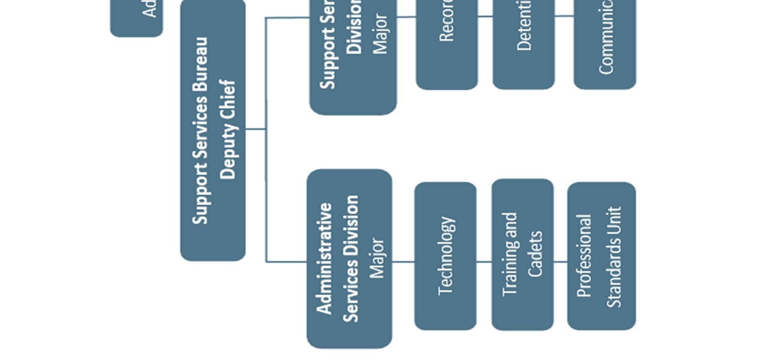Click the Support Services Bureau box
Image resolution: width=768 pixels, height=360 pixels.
pyautogui.click(x=213, y=130)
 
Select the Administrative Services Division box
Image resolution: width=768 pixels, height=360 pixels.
pyautogui.click(x=349, y=259)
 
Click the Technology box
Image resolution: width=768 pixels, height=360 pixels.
pyautogui.click(x=445, y=256)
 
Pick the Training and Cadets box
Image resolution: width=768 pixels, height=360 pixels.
pyautogui.click(x=523, y=255)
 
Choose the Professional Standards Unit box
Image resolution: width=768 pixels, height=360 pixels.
pyautogui.click(x=601, y=256)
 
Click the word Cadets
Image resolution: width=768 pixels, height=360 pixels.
pyautogui.click(x=535, y=254)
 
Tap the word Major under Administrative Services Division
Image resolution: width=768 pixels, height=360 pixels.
pyautogui.click(x=377, y=258)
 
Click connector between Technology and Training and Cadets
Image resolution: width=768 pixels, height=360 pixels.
pyautogui.click(x=484, y=262)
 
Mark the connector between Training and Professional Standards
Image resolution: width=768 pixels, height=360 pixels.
pyautogui.click(x=560, y=262)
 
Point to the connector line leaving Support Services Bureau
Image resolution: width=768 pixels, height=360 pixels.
pyautogui.click(x=256, y=129)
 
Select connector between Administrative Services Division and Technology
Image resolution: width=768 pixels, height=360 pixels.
pyautogui.click(x=403, y=262)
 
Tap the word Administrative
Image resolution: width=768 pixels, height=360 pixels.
pyautogui.click(x=324, y=259)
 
